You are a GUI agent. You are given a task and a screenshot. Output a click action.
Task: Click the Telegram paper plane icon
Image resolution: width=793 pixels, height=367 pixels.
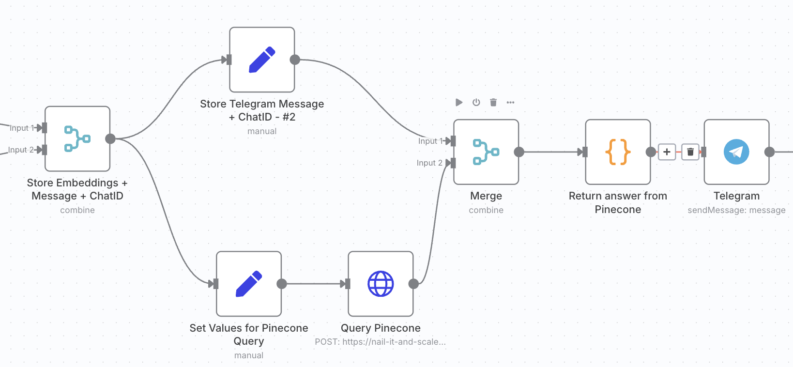tap(736, 152)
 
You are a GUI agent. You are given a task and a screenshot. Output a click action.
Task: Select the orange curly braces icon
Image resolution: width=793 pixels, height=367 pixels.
tap(618, 152)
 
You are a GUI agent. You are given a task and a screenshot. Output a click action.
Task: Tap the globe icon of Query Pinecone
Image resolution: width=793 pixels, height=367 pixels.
tap(381, 284)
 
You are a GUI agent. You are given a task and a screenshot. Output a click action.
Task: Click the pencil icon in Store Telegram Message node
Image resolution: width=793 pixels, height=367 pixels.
tap(262, 60)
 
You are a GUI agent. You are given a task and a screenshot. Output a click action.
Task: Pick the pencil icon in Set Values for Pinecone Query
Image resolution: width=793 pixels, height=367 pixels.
tap(249, 284)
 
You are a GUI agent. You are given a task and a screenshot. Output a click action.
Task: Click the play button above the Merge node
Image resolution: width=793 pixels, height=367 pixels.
tap(459, 102)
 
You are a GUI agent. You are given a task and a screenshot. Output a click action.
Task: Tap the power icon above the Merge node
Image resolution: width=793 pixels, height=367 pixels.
tap(476, 102)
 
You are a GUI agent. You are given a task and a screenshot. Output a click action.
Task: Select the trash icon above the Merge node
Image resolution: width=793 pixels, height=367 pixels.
tap(493, 102)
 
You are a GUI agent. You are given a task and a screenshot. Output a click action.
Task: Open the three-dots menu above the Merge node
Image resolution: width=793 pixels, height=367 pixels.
tap(510, 102)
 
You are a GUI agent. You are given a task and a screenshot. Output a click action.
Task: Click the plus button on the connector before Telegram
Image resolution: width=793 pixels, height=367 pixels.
tap(667, 152)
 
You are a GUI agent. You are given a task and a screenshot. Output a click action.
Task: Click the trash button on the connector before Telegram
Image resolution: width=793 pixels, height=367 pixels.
tap(690, 152)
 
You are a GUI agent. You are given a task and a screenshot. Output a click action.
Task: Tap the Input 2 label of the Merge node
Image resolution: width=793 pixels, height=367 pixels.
tap(429, 163)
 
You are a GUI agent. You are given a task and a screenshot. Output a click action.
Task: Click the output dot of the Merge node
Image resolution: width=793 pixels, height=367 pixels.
tap(519, 152)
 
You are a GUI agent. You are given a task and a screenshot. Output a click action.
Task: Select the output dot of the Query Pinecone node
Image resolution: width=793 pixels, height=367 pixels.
tap(413, 284)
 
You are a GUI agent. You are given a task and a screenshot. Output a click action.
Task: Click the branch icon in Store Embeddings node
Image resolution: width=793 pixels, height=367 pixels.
tap(77, 139)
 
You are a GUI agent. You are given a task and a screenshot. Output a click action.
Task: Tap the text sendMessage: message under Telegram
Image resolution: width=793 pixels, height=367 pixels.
tap(736, 210)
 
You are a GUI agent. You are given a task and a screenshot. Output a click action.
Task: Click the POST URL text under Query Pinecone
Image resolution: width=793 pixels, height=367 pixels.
tap(380, 342)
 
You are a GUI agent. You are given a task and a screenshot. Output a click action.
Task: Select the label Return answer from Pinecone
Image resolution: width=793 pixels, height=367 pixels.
tap(618, 202)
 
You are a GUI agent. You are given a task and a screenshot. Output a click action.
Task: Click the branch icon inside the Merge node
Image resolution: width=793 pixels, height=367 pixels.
tap(486, 152)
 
